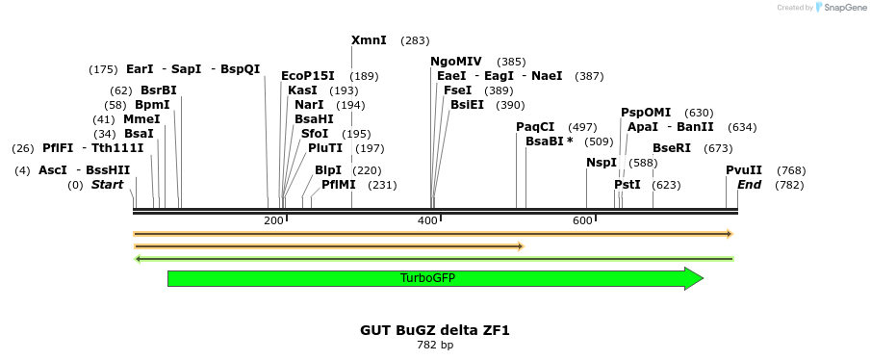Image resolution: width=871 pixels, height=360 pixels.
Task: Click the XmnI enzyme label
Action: click(369, 40)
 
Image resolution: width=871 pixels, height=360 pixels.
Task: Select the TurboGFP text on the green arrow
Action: click(427, 278)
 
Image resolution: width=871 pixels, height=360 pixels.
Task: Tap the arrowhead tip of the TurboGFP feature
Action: click(703, 278)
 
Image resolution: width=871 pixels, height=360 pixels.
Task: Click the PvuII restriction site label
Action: click(744, 170)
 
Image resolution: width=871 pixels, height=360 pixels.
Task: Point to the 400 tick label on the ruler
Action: click(427, 221)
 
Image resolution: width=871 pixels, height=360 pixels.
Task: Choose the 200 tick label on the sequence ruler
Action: click(273, 221)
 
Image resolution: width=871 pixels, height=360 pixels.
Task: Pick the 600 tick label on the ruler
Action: click(582, 221)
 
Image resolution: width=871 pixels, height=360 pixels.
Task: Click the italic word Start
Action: click(107, 185)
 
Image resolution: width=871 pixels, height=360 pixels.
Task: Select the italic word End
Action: click(749, 185)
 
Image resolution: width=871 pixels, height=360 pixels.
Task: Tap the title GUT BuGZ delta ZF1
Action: click(435, 330)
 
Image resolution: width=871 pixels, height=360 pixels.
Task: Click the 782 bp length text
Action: click(435, 345)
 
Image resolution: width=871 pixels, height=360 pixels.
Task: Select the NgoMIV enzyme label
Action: click(456, 62)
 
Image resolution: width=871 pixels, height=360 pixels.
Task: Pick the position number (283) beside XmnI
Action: click(415, 40)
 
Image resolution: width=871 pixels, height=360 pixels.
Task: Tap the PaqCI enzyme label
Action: click(535, 127)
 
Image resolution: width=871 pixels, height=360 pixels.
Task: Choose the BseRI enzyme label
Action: click(672, 148)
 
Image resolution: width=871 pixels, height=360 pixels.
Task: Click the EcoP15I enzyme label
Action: click(308, 76)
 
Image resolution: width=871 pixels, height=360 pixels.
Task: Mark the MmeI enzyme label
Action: click(141, 119)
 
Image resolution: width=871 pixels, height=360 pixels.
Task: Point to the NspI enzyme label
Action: click(602, 163)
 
